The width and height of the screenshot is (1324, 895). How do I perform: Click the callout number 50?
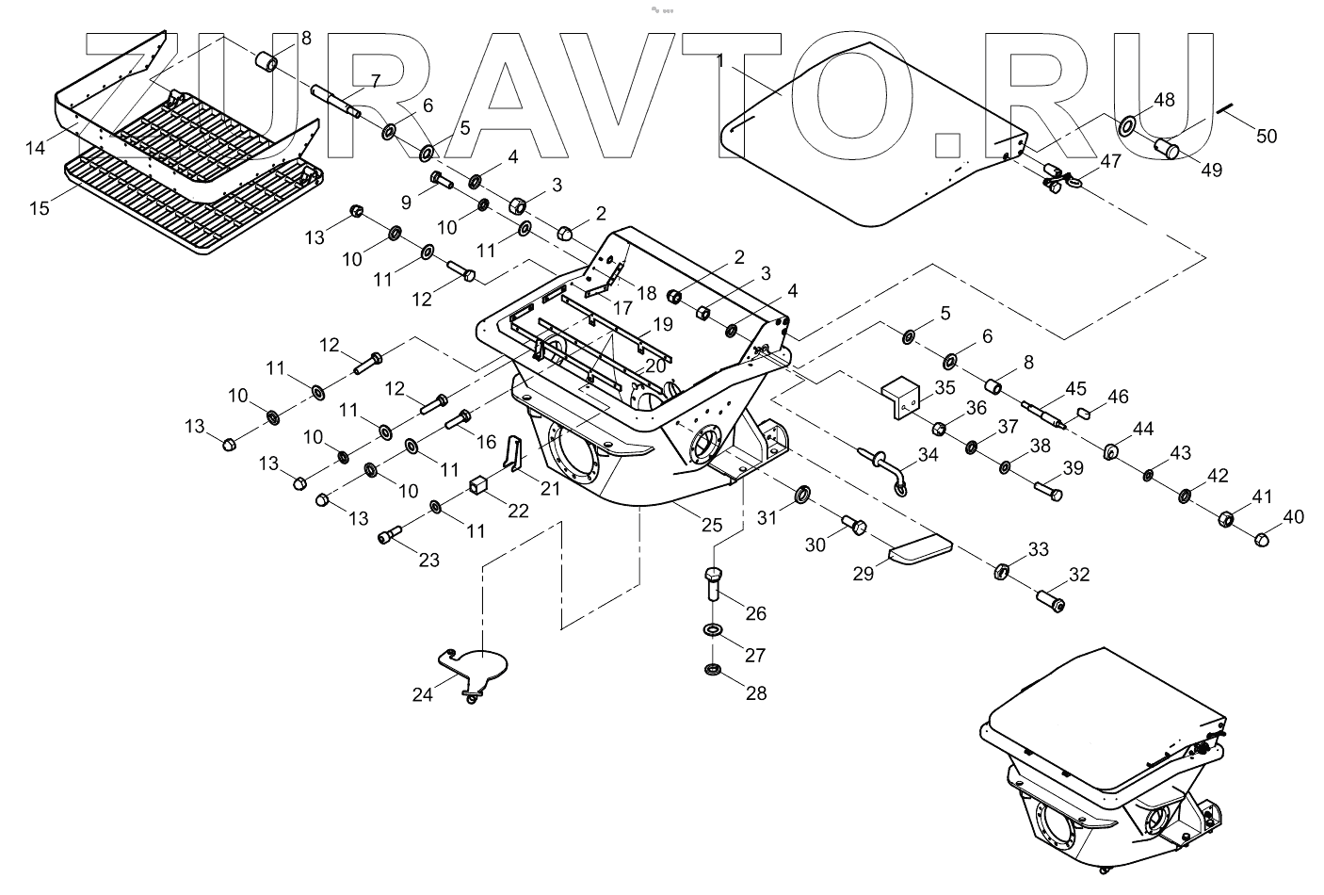click(x=1267, y=136)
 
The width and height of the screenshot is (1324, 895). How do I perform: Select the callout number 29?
click(x=864, y=572)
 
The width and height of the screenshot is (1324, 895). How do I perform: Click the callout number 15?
click(x=39, y=207)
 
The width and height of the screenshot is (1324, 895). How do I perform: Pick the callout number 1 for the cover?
click(x=719, y=61)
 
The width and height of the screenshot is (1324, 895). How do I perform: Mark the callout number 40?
click(x=1294, y=516)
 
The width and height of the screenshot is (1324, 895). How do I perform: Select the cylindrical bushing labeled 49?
click(x=1169, y=150)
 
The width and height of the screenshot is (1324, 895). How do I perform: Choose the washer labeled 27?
click(x=714, y=629)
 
